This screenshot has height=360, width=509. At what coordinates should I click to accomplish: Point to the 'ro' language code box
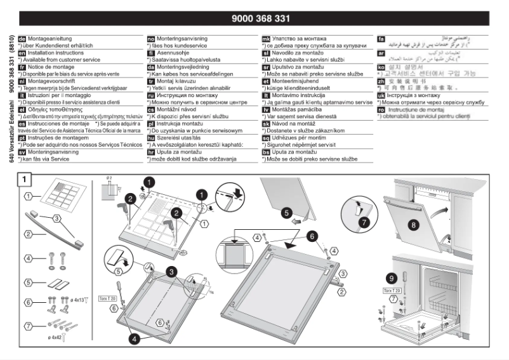tap(381, 109)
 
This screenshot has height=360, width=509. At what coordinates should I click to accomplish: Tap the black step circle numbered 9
tap(392, 278)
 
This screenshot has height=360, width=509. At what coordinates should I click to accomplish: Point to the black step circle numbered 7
tap(364, 223)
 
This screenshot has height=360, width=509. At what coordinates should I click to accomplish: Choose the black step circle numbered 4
tap(134, 340)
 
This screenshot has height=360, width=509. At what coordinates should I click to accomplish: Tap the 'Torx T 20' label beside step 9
tap(393, 290)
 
